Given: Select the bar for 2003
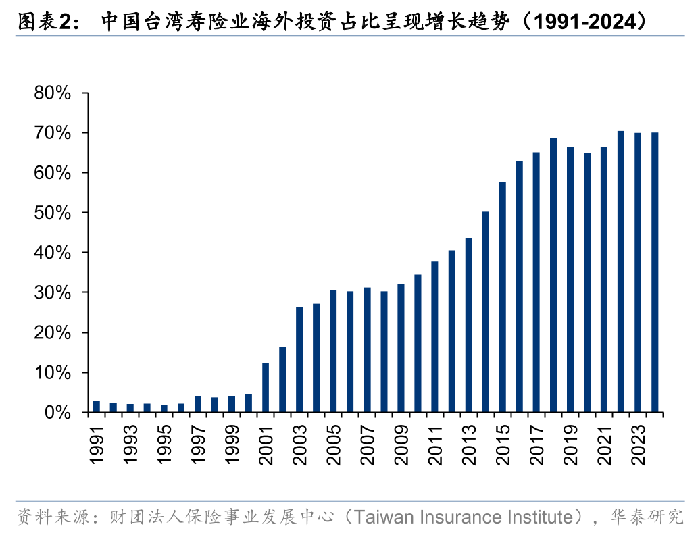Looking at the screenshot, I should click(x=299, y=359).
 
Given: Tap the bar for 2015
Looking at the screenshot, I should click(x=502, y=297).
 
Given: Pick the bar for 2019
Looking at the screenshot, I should click(x=570, y=280).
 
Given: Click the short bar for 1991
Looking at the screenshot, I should click(x=97, y=407).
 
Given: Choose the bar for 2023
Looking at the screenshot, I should click(x=638, y=272).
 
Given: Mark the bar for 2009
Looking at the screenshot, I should click(x=401, y=348).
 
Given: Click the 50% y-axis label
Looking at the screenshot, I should click(x=53, y=213).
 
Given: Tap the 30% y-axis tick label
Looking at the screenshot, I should click(x=53, y=292).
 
